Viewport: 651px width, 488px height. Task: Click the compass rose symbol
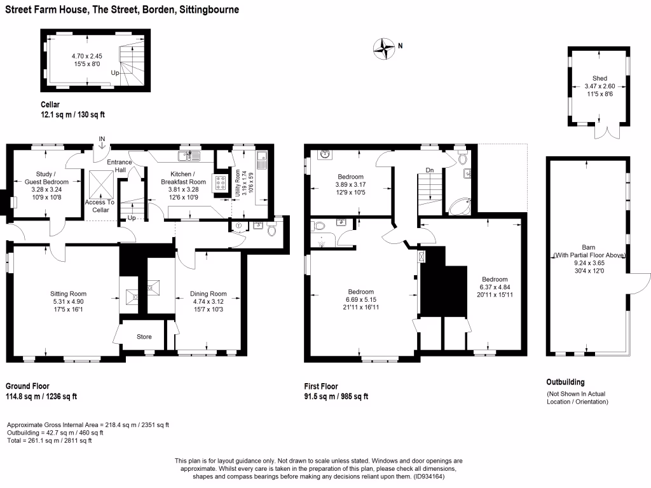383,48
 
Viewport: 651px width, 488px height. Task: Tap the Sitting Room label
69,294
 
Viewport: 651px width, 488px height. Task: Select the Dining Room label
209,294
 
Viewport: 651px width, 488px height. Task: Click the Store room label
144,337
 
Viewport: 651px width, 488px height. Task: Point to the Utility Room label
238,182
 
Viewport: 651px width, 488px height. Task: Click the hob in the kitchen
221,182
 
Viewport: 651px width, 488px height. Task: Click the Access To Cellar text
100,207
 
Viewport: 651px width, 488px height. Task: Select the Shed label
600,78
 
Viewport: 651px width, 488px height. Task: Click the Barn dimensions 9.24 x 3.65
589,263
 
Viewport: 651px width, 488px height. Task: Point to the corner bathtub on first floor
460,207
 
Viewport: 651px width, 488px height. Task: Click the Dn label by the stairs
430,170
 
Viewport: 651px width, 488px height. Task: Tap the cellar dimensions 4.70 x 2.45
86,56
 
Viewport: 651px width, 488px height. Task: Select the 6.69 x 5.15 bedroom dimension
361,300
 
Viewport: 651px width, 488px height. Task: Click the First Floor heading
321,386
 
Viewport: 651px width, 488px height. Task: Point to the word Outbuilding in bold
565,382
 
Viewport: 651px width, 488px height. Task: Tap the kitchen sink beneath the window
189,156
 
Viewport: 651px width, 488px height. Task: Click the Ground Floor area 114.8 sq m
23,396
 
